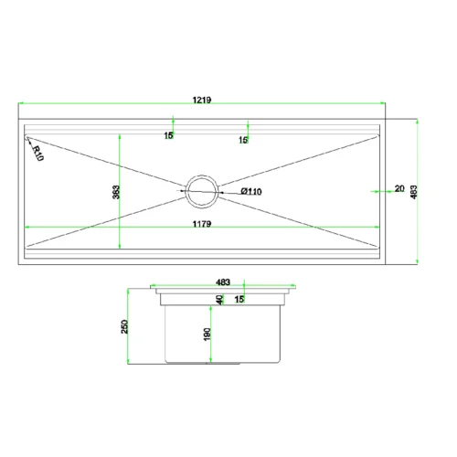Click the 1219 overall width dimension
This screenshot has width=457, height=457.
coord(202,100)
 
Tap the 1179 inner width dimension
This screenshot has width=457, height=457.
coord(202,224)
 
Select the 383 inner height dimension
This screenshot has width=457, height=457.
coord(116,192)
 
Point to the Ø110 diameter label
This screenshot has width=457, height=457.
coord(251,191)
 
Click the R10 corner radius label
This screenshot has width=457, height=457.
coord(37,154)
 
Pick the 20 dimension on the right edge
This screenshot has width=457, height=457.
coord(399,188)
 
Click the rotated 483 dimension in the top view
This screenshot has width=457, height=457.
coord(414,192)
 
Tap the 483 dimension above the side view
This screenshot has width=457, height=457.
coord(223,282)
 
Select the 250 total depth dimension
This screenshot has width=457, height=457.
coord(124,326)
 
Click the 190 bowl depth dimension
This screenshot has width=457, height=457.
coord(207,335)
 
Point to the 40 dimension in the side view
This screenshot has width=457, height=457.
coord(219,300)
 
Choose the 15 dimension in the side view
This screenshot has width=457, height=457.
coord(239,299)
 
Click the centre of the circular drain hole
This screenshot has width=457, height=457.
coord(202,192)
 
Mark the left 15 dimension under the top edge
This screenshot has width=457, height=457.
coord(168,135)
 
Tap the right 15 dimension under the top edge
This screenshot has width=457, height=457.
coord(243,140)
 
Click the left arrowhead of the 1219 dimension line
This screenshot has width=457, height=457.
coord(21,103)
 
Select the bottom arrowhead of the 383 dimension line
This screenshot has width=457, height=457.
coord(120,246)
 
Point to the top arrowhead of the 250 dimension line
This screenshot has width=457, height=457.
coord(128,292)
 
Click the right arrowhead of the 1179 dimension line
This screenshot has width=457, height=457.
coord(377,227)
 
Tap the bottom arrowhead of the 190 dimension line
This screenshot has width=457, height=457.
coord(211,360)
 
